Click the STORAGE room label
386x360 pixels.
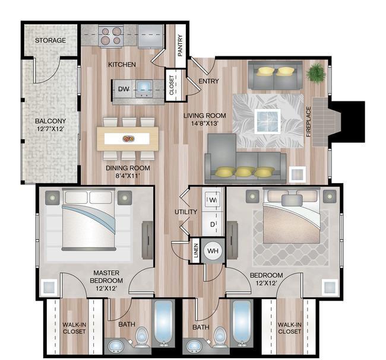pos(50,40)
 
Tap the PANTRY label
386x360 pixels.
pos(180,45)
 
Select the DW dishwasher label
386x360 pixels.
pos(123,89)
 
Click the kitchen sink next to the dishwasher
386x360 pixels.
pos(144,88)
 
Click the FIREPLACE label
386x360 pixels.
pos(308,122)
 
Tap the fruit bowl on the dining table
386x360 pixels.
pos(128,139)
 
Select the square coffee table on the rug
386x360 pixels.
pos(268,122)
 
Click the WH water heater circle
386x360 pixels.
pos(213,251)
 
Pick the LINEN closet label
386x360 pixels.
pos(196,250)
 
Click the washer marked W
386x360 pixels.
pos(212,200)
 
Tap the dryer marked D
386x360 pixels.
pos(212,224)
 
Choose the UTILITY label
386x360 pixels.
pos(186,212)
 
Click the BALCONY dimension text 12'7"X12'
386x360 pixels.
pos(50,129)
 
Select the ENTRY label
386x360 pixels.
pos(208,81)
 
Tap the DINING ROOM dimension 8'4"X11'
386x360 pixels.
pos(128,176)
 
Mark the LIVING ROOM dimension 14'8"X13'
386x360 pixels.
pos(205,123)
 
